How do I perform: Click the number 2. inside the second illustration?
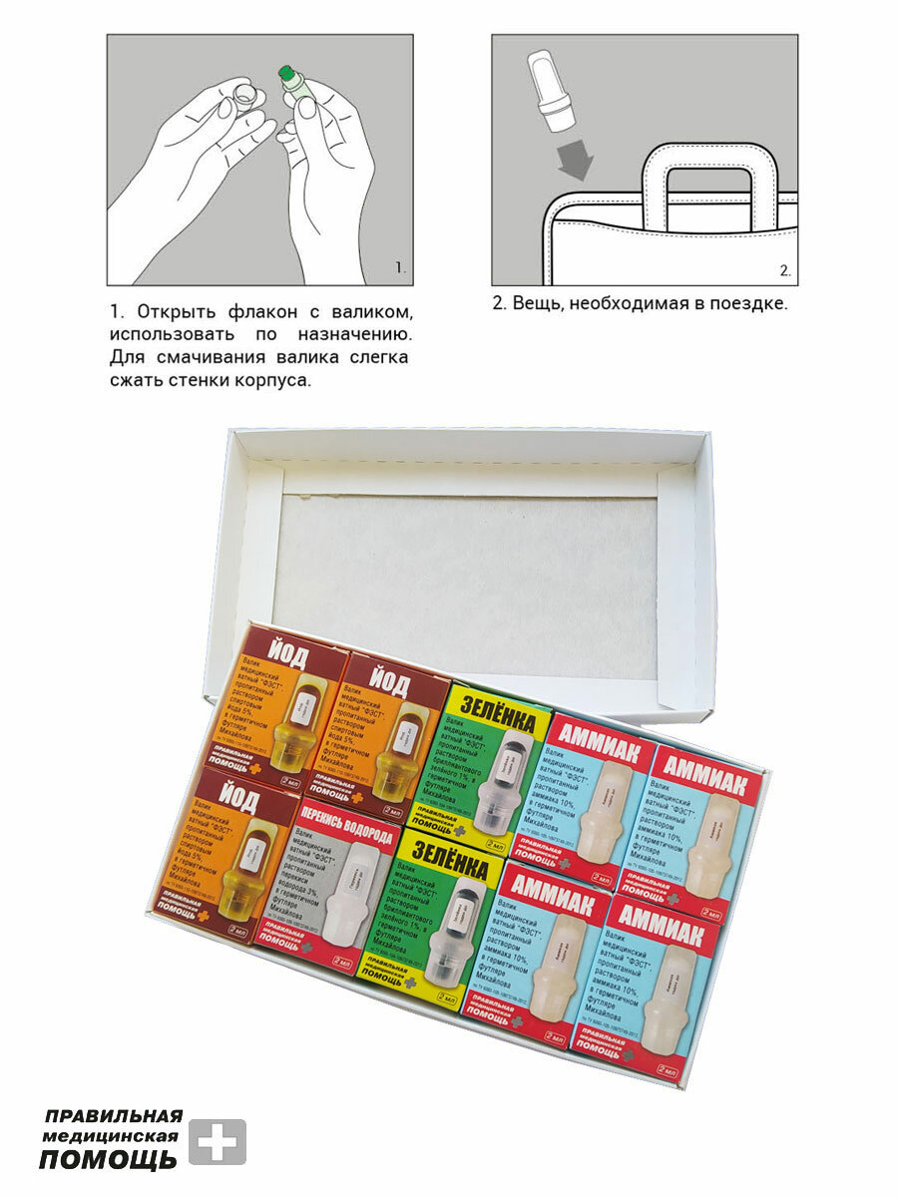click(784, 269)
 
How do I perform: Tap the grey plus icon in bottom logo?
click(217, 1142)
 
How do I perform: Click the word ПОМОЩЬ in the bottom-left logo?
click(108, 1159)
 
